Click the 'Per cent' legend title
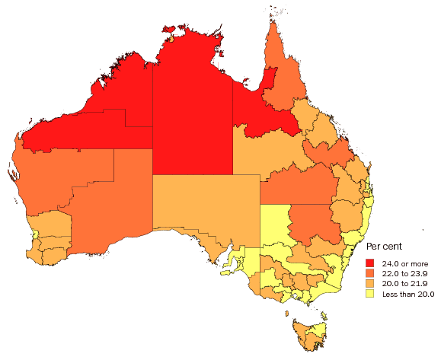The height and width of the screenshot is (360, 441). coord(385,246)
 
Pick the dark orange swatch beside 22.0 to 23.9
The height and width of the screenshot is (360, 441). coord(370,272)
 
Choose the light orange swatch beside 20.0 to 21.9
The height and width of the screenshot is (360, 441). coord(370,283)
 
